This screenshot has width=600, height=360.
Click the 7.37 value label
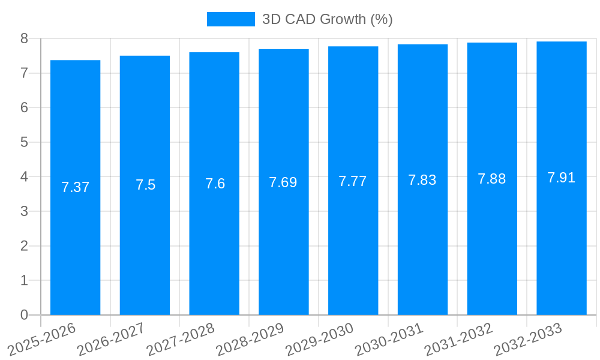(75, 187)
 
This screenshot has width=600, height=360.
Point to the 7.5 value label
(145, 185)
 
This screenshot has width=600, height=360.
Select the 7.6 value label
(215, 184)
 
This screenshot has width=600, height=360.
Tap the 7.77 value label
(352, 181)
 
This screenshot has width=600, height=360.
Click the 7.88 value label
(491, 179)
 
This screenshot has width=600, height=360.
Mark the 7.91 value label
(561, 178)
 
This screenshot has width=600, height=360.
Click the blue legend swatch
(230, 19)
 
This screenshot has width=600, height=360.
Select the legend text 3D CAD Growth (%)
(327, 19)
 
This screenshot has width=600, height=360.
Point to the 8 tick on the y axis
(24, 38)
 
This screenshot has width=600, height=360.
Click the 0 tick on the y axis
(24, 315)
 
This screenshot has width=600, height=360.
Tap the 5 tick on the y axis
(24, 142)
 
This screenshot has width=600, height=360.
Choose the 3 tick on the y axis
(24, 211)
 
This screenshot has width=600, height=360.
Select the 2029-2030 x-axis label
(319, 339)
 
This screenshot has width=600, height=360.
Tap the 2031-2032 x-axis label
(458, 339)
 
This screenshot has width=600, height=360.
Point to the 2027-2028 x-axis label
(181, 339)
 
